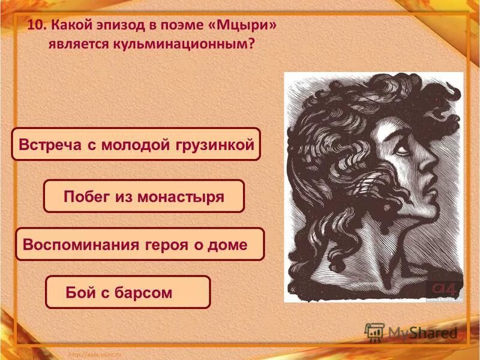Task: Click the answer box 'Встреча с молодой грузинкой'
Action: pos(136,145)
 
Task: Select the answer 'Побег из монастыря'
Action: pos(144,196)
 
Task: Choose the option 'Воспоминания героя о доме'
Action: pos(139,244)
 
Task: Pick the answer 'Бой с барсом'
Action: pos(128,292)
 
